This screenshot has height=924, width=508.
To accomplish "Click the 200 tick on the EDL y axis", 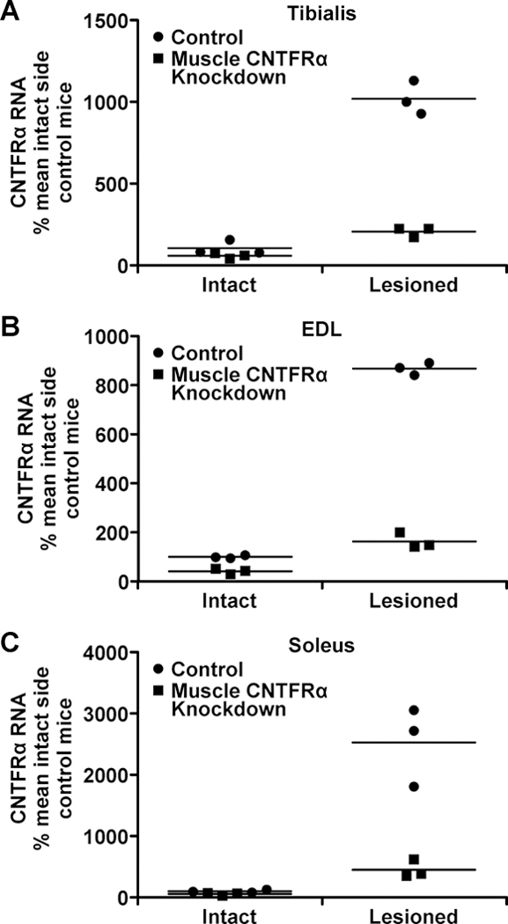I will point(103,532).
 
